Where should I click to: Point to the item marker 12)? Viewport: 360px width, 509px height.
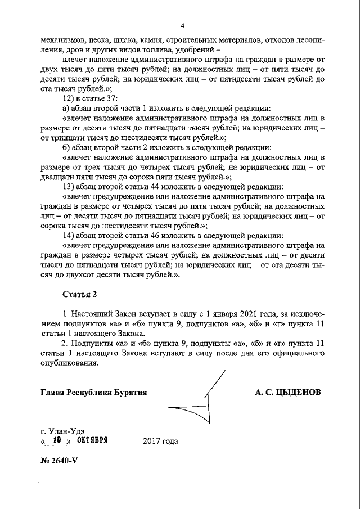[x=68, y=97]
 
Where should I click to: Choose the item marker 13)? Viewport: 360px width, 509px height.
[x=68, y=186]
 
